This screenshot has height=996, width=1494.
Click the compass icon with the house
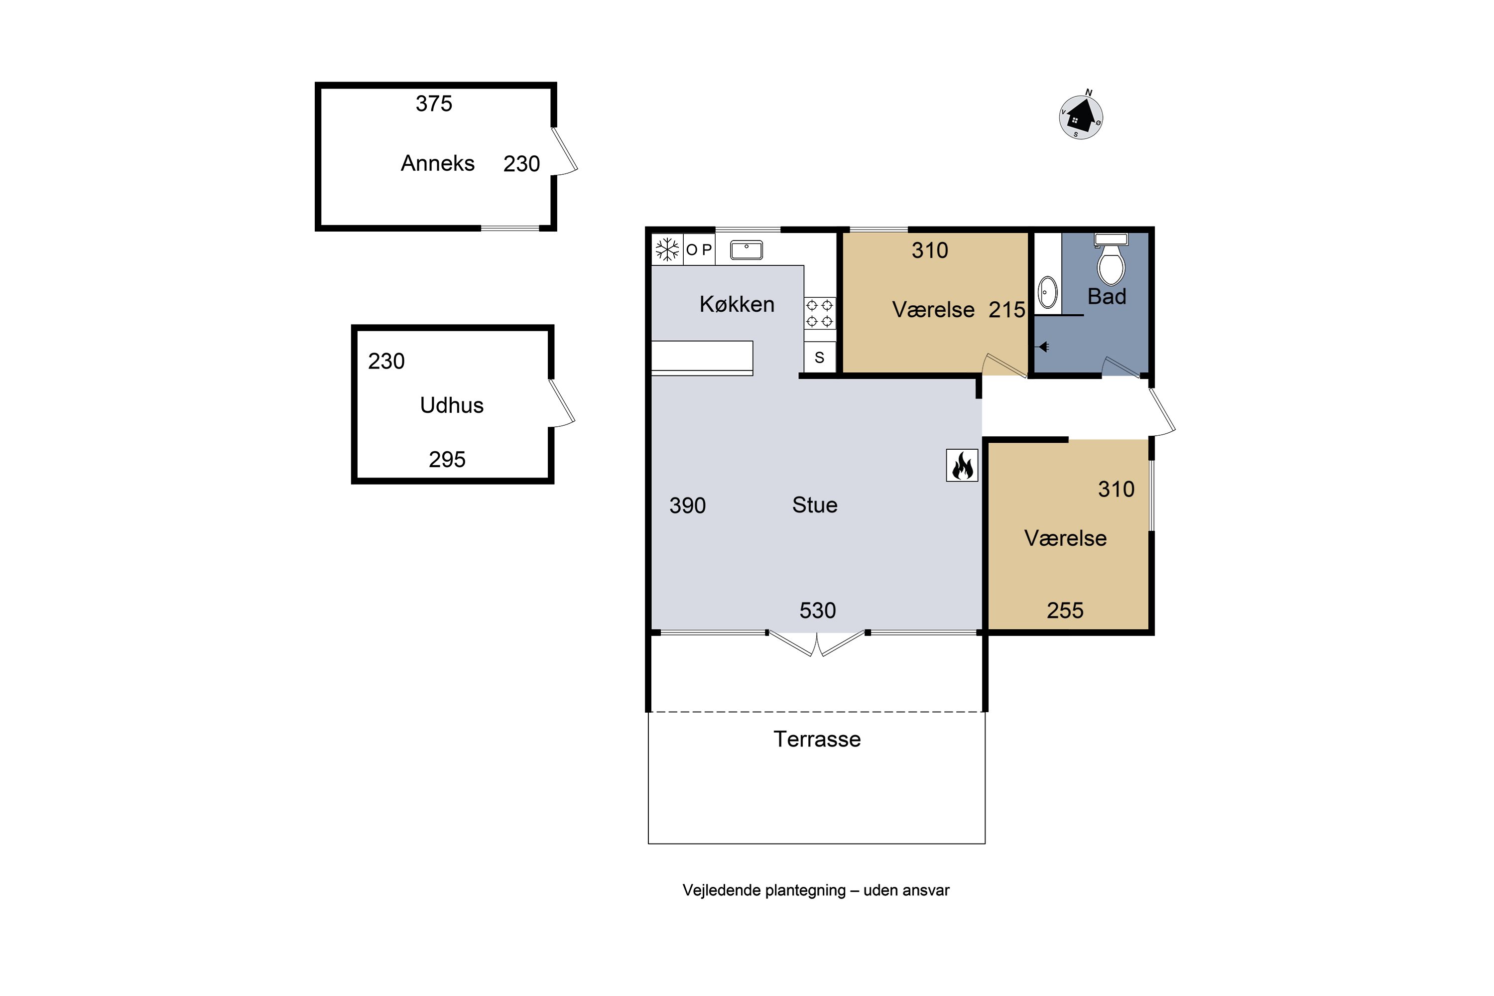tap(1081, 117)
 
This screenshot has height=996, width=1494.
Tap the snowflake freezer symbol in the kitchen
tap(667, 249)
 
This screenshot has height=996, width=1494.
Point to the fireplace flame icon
tap(962, 466)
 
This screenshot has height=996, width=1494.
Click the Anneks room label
tap(438, 163)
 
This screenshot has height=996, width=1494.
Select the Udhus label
tap(452, 405)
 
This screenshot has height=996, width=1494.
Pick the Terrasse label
tap(817, 740)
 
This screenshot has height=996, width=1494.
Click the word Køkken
tap(737, 304)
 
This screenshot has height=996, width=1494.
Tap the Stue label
tap(814, 505)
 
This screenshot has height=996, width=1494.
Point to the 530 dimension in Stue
tap(818, 611)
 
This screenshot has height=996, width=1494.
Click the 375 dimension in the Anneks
tap(434, 104)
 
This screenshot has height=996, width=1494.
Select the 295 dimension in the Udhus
tap(447, 459)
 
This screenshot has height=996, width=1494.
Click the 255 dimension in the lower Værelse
tap(1065, 611)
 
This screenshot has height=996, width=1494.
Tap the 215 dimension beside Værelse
tap(1007, 309)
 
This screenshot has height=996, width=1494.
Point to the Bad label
tap(1107, 297)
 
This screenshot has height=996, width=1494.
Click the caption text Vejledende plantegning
tap(764, 890)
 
